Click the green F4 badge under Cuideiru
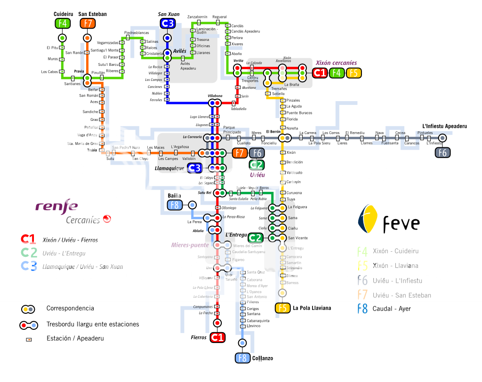(x=62, y=24)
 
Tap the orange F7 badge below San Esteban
(x=88, y=24)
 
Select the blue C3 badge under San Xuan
(x=167, y=24)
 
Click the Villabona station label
(x=215, y=96)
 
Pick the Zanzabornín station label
(x=197, y=17)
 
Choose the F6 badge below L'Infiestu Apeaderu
(x=442, y=152)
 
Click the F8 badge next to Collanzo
(x=242, y=358)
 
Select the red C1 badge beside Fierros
(x=217, y=337)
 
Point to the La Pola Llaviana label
(x=312, y=308)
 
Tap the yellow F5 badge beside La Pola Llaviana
(x=282, y=308)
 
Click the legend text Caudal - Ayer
(x=391, y=309)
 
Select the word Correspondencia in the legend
(x=70, y=309)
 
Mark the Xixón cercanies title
(x=336, y=63)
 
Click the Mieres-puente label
(x=190, y=245)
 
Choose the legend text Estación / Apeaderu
(x=75, y=338)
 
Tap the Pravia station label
(x=79, y=72)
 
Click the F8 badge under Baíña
(x=174, y=205)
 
